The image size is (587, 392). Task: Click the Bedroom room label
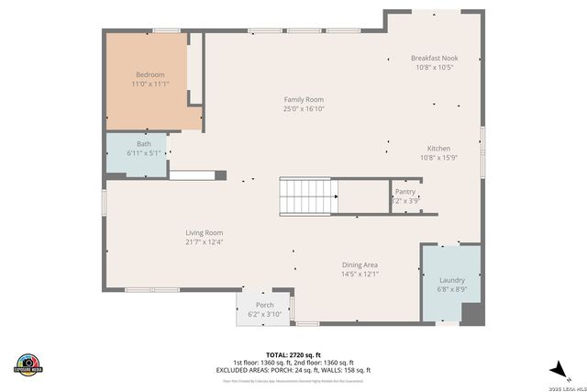150,74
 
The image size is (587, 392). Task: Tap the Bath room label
144,144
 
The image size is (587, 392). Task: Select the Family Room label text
303,100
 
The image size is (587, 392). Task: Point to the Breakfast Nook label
434,58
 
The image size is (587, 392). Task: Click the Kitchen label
438,149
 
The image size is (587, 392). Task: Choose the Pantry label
405,192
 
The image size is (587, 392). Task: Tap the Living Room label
204,233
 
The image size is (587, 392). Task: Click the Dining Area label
360,264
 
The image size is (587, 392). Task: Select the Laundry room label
452,280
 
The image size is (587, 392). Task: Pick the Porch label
264,306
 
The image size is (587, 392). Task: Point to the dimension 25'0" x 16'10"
303,109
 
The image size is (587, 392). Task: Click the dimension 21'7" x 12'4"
204,242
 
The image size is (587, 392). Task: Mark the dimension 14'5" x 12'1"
360,274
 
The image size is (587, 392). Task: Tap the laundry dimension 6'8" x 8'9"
452,289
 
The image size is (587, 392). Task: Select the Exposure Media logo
28,364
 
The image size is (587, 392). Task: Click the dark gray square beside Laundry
471,313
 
